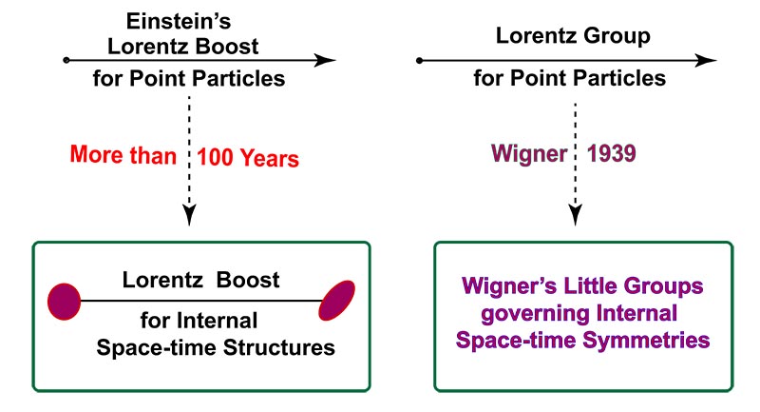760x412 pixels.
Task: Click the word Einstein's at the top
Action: [179, 21]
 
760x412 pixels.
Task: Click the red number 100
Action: [216, 158]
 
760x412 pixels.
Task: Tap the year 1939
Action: [611, 153]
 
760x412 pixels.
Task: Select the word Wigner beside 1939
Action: [529, 154]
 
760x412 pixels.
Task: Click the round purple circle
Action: [64, 302]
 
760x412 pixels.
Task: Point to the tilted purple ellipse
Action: [337, 300]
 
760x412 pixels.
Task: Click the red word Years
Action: [270, 159]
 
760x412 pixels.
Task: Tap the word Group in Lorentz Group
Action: [617, 37]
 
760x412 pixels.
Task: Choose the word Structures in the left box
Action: [278, 347]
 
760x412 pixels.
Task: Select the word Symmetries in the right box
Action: [646, 341]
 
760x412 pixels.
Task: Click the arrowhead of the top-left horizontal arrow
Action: [325, 61]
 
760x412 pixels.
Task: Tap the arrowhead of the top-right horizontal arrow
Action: [706, 61]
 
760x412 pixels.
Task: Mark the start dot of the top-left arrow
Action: [66, 60]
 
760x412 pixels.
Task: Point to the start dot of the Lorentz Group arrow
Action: [419, 60]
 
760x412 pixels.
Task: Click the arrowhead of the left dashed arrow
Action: [189, 215]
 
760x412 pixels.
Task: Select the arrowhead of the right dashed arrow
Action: [576, 215]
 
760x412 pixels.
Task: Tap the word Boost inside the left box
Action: [248, 280]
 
